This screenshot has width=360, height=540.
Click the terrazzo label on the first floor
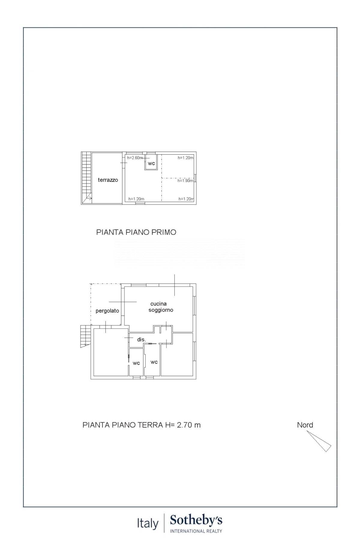point(108,180)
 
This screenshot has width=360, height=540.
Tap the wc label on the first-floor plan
point(151,163)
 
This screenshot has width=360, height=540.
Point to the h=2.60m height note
point(135,158)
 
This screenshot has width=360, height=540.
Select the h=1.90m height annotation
point(185,181)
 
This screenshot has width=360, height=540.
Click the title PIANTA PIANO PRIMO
point(136,232)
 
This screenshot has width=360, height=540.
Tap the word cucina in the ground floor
point(158,304)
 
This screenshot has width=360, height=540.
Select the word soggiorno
point(161,310)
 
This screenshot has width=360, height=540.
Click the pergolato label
point(107,311)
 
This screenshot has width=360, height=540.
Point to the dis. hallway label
point(141,340)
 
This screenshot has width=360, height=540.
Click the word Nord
point(305,425)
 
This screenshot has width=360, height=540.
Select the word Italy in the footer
point(148,523)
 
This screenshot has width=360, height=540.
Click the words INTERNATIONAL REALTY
point(196,531)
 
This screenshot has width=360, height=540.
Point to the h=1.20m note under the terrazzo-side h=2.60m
point(136,199)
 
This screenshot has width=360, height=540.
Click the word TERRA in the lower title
point(150,425)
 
